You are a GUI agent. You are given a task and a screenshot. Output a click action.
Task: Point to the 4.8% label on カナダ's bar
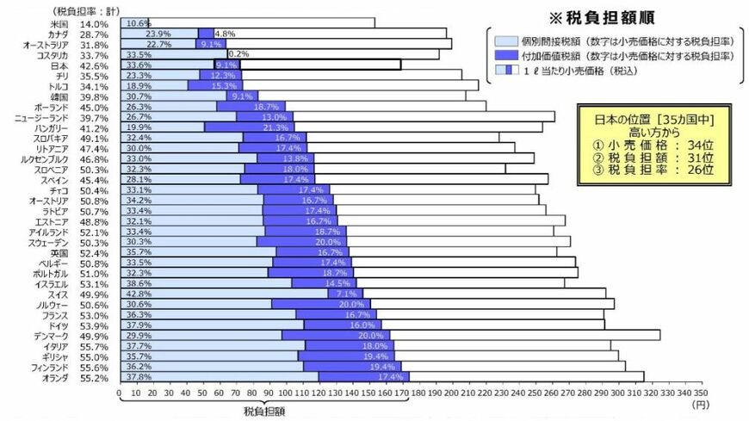225,34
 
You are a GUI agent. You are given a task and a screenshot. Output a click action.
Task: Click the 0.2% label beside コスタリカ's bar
238,55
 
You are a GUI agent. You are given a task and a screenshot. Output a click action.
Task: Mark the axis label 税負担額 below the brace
263,412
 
